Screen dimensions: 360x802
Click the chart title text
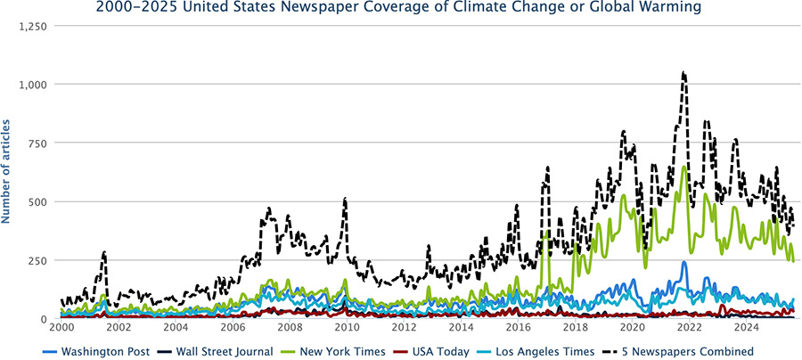tap(401, 8)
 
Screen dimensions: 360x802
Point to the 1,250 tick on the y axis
tap(33, 26)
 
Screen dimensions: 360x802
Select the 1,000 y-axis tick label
tap(33, 85)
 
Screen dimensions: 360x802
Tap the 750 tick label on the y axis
tap(39, 143)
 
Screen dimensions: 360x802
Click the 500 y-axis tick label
tap(39, 201)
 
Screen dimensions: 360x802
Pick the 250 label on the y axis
tap(39, 260)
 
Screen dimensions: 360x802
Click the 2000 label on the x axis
tap(61, 329)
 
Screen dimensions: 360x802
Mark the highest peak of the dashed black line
tap(683, 73)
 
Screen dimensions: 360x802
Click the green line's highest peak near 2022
tap(683, 167)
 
